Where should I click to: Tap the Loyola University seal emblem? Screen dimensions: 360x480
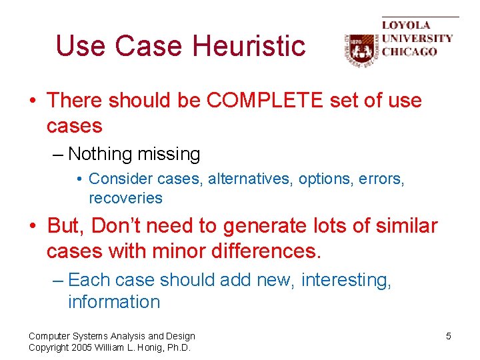click(360, 50)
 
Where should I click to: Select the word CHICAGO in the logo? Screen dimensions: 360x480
click(409, 51)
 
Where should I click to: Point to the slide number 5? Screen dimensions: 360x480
click(449, 336)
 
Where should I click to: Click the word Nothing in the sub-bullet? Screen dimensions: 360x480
click(100, 155)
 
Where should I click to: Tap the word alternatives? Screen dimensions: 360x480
click(251, 179)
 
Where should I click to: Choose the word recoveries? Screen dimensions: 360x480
click(125, 198)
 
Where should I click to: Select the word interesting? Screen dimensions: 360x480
click(346, 280)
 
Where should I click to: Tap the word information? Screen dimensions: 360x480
click(114, 302)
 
